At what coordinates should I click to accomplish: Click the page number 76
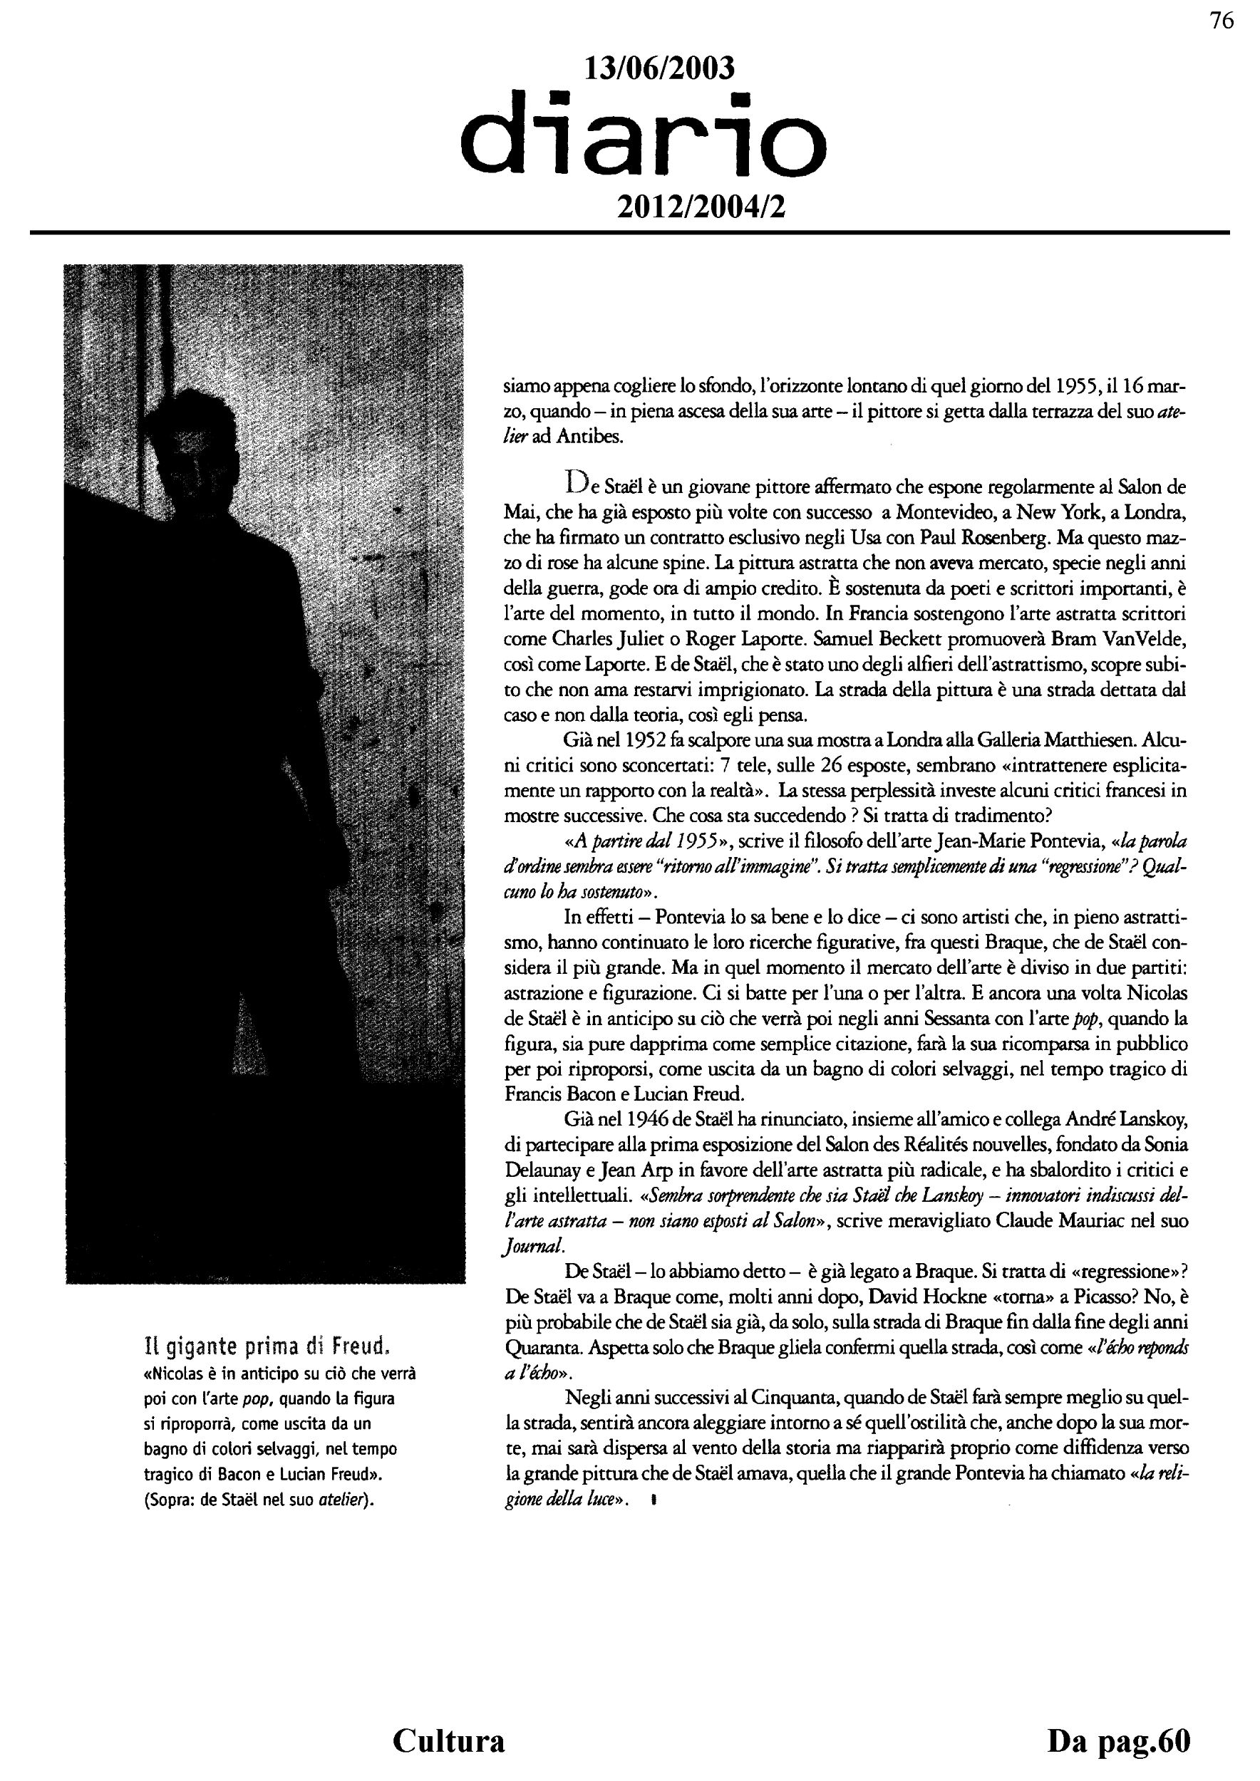tap(1222, 21)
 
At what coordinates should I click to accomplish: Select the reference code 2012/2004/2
tap(700, 207)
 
